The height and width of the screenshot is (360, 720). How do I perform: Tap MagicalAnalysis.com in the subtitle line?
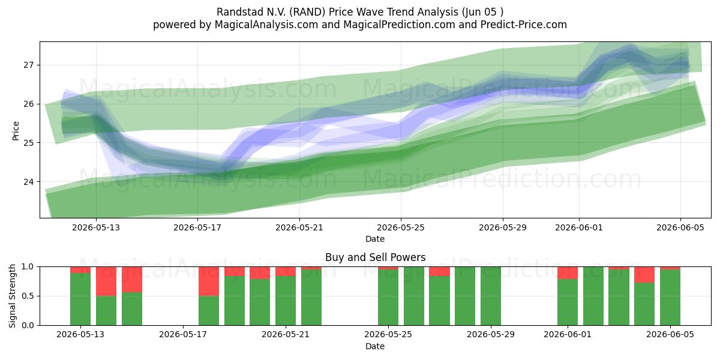tap(266, 25)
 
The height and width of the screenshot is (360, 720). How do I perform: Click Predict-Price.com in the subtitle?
tap(524, 25)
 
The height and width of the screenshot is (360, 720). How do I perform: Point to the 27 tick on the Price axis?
tap(28, 65)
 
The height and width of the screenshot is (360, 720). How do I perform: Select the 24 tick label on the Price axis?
tap(28, 182)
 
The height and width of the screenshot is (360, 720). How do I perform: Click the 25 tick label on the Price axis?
tap(28, 143)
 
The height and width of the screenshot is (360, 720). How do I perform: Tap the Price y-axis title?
tap(16, 131)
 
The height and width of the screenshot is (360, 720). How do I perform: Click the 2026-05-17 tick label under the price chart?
tap(197, 227)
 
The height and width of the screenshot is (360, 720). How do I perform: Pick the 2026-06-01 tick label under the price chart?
tap(579, 227)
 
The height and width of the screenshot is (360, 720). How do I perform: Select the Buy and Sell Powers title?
tap(375, 257)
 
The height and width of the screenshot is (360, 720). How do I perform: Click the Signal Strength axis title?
tap(12, 296)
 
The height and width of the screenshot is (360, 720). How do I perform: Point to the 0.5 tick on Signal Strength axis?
tap(28, 296)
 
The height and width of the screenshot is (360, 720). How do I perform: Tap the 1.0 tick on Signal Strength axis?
tap(28, 267)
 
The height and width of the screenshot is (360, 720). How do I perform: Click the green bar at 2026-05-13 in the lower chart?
tap(80, 299)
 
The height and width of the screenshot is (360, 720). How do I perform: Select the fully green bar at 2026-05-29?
tap(491, 296)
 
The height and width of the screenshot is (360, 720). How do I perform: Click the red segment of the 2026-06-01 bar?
tap(568, 273)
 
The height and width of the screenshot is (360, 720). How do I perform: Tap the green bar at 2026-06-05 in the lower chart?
tap(670, 298)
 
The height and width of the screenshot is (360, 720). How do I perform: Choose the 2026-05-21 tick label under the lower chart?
tap(286, 335)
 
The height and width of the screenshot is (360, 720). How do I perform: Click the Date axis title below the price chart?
tap(375, 239)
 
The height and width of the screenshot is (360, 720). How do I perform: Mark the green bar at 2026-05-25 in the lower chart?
tap(388, 298)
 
